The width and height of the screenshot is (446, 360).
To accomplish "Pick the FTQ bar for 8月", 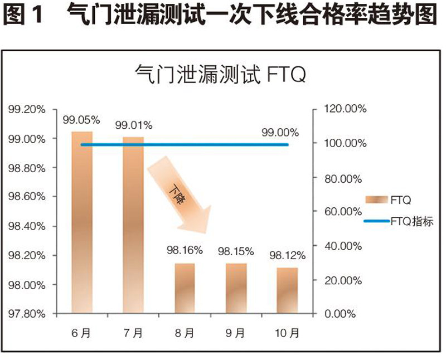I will point(184,288).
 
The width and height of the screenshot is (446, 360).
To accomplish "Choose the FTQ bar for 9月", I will point(236,288).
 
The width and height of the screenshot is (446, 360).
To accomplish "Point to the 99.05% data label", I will point(81,119).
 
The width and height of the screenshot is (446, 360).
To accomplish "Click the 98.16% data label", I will point(185,250).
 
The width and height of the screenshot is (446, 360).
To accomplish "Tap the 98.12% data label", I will point(288,256).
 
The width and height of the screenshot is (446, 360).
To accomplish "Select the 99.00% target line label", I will point(280,133).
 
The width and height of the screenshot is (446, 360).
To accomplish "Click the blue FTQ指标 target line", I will point(184,144).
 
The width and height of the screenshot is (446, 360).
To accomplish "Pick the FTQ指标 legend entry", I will point(398,221).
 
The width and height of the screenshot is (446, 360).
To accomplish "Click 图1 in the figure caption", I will point(22,15).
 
